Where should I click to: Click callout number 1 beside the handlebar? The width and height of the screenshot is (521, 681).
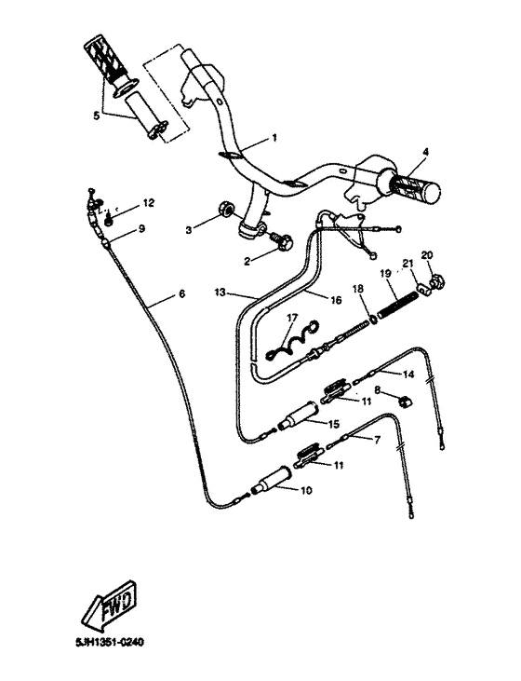click(x=274, y=137)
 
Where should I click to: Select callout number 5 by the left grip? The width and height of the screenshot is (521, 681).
click(x=94, y=116)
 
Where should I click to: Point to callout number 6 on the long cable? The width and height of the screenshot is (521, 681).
click(x=181, y=293)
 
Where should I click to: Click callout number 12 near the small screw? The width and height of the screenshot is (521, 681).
click(x=149, y=202)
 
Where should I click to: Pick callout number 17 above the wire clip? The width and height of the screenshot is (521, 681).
click(x=291, y=318)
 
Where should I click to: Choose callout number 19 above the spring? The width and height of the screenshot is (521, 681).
click(x=382, y=273)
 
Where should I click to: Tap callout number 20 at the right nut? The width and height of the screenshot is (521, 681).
click(x=427, y=255)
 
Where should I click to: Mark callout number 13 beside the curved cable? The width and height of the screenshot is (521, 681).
click(x=220, y=292)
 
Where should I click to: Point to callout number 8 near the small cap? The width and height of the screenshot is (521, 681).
click(x=377, y=389)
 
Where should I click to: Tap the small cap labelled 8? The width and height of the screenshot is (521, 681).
click(x=405, y=401)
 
